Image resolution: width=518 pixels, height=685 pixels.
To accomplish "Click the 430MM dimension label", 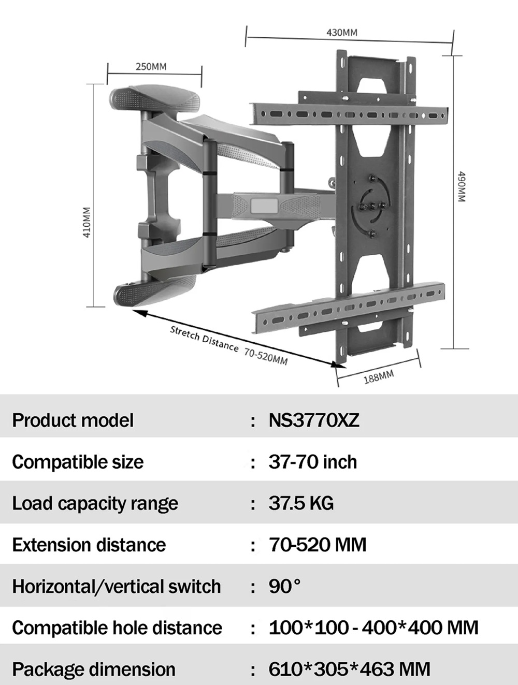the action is pos(342,33).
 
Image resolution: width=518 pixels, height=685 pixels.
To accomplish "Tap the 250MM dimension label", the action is pos(151,66).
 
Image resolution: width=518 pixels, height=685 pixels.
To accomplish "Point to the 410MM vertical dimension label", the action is pos(87,222).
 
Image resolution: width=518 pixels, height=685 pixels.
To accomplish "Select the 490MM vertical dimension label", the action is pos(462,186).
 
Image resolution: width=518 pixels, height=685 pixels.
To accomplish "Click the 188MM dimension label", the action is pos(379,376).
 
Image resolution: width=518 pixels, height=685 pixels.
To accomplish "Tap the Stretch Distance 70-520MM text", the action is pos(228,345).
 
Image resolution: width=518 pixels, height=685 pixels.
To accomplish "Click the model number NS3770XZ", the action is pos(314,420).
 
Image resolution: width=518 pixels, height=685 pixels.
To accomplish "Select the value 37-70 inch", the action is pos(312,462).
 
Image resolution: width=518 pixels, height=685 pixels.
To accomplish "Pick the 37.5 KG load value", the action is pos(301,503).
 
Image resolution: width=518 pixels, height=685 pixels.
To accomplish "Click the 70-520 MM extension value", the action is pos(317,545).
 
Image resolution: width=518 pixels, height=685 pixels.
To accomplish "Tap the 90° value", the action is pos(284,586).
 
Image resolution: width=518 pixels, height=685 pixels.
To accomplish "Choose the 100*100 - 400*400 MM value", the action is pos(373,627).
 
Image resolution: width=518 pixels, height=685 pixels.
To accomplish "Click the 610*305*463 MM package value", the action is pos(350,669).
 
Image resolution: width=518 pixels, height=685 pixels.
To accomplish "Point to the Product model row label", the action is pos(73,420).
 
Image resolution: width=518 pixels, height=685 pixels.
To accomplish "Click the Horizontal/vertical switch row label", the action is pos(117,586).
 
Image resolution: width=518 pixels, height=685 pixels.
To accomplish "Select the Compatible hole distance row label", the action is pos(117,627).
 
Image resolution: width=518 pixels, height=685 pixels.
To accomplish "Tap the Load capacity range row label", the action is pos(95,504).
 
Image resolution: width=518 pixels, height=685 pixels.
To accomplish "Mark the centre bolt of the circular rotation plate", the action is pos(372,206).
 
